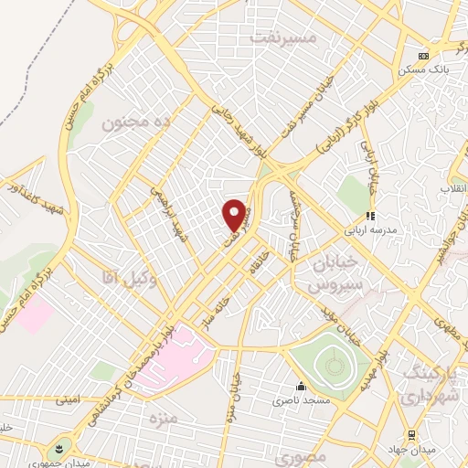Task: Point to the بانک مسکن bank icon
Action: click(422, 56)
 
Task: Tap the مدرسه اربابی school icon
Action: click(371, 217)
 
